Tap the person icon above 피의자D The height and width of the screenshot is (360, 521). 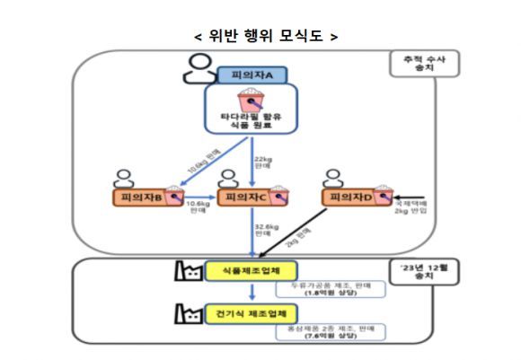[332, 176]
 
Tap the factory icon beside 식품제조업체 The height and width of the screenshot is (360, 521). [188, 268]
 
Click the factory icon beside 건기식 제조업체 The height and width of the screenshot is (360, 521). [188, 312]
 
